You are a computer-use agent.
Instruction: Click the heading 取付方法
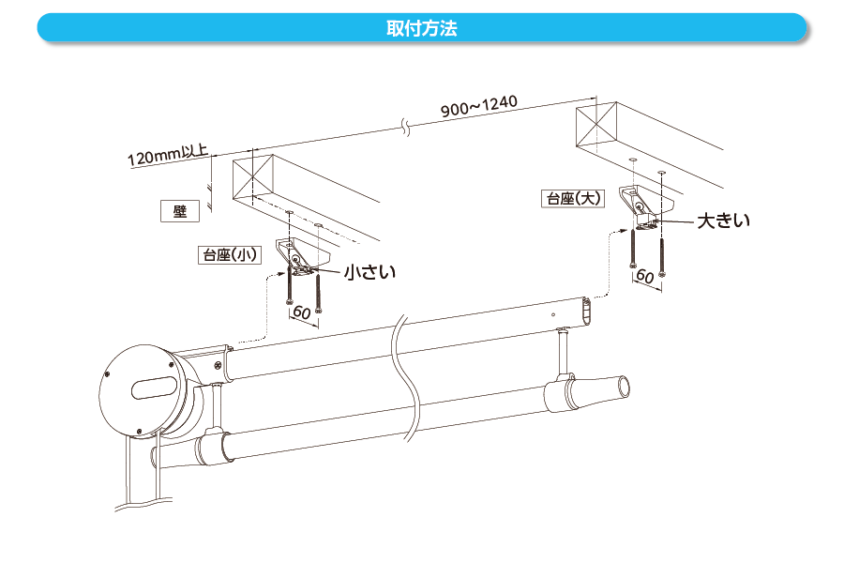[x=421, y=27]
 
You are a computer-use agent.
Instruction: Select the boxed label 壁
[x=180, y=211]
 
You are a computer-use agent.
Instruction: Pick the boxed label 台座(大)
[x=573, y=198]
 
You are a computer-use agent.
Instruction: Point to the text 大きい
[x=723, y=221]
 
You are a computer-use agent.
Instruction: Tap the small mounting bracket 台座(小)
[x=302, y=255]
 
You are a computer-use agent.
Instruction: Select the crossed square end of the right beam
[x=597, y=122]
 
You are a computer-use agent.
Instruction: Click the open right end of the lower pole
[x=621, y=386]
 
